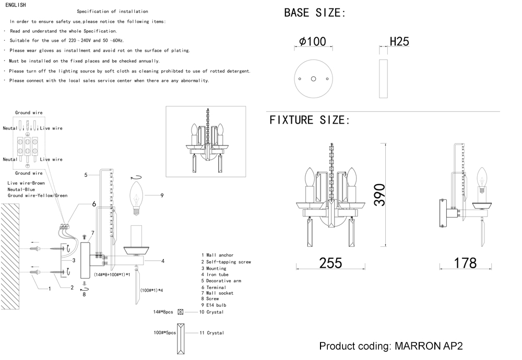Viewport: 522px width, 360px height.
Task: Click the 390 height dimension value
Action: point(381,195)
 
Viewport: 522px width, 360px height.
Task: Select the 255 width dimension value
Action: point(330,262)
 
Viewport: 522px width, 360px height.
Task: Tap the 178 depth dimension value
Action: point(465,262)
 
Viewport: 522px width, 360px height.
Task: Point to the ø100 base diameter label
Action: point(313,42)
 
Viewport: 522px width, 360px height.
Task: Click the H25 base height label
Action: point(399,42)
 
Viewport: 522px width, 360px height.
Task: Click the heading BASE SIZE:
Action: point(315,13)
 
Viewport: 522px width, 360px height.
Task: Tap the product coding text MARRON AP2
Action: point(391,346)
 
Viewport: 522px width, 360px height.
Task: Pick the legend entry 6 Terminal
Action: point(213,287)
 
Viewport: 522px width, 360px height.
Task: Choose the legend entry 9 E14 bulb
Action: point(213,305)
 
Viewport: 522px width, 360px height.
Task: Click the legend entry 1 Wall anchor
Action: point(217,255)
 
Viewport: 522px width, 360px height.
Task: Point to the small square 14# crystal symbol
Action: point(181,312)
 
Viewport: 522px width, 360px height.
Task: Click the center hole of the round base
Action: point(313,78)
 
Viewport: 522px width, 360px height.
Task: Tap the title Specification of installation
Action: point(112,11)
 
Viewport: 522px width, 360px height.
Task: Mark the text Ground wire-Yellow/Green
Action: point(38,196)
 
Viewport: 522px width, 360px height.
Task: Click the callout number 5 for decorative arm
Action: point(85,174)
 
